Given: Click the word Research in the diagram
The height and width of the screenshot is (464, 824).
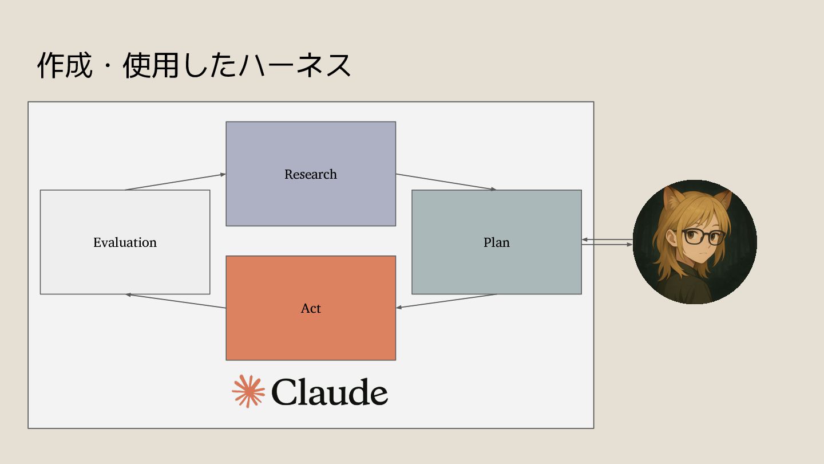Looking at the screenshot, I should [311, 174].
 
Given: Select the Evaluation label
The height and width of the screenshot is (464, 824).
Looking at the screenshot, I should [125, 242].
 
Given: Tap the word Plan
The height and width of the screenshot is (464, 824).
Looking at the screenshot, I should [497, 242].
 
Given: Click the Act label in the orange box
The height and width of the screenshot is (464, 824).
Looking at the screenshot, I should [311, 308].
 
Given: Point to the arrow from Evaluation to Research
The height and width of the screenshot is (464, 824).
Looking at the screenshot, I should [175, 182].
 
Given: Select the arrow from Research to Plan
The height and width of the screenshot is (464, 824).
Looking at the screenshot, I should [446, 182].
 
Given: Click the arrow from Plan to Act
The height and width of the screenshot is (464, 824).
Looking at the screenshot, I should [446, 301].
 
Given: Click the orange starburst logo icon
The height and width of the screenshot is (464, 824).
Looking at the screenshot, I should [248, 391].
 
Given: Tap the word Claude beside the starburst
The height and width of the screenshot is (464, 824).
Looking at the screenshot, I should [330, 392].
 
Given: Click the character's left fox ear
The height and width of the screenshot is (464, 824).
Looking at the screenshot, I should [671, 199].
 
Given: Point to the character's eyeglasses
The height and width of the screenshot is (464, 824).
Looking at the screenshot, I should [703, 235].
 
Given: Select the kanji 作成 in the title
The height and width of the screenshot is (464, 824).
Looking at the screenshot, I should [65, 65].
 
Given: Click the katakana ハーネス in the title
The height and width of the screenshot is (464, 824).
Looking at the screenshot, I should [295, 65].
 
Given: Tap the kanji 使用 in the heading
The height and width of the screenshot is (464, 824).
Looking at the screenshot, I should [150, 65].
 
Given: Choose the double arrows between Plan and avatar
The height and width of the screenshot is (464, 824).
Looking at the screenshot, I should [607, 242].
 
